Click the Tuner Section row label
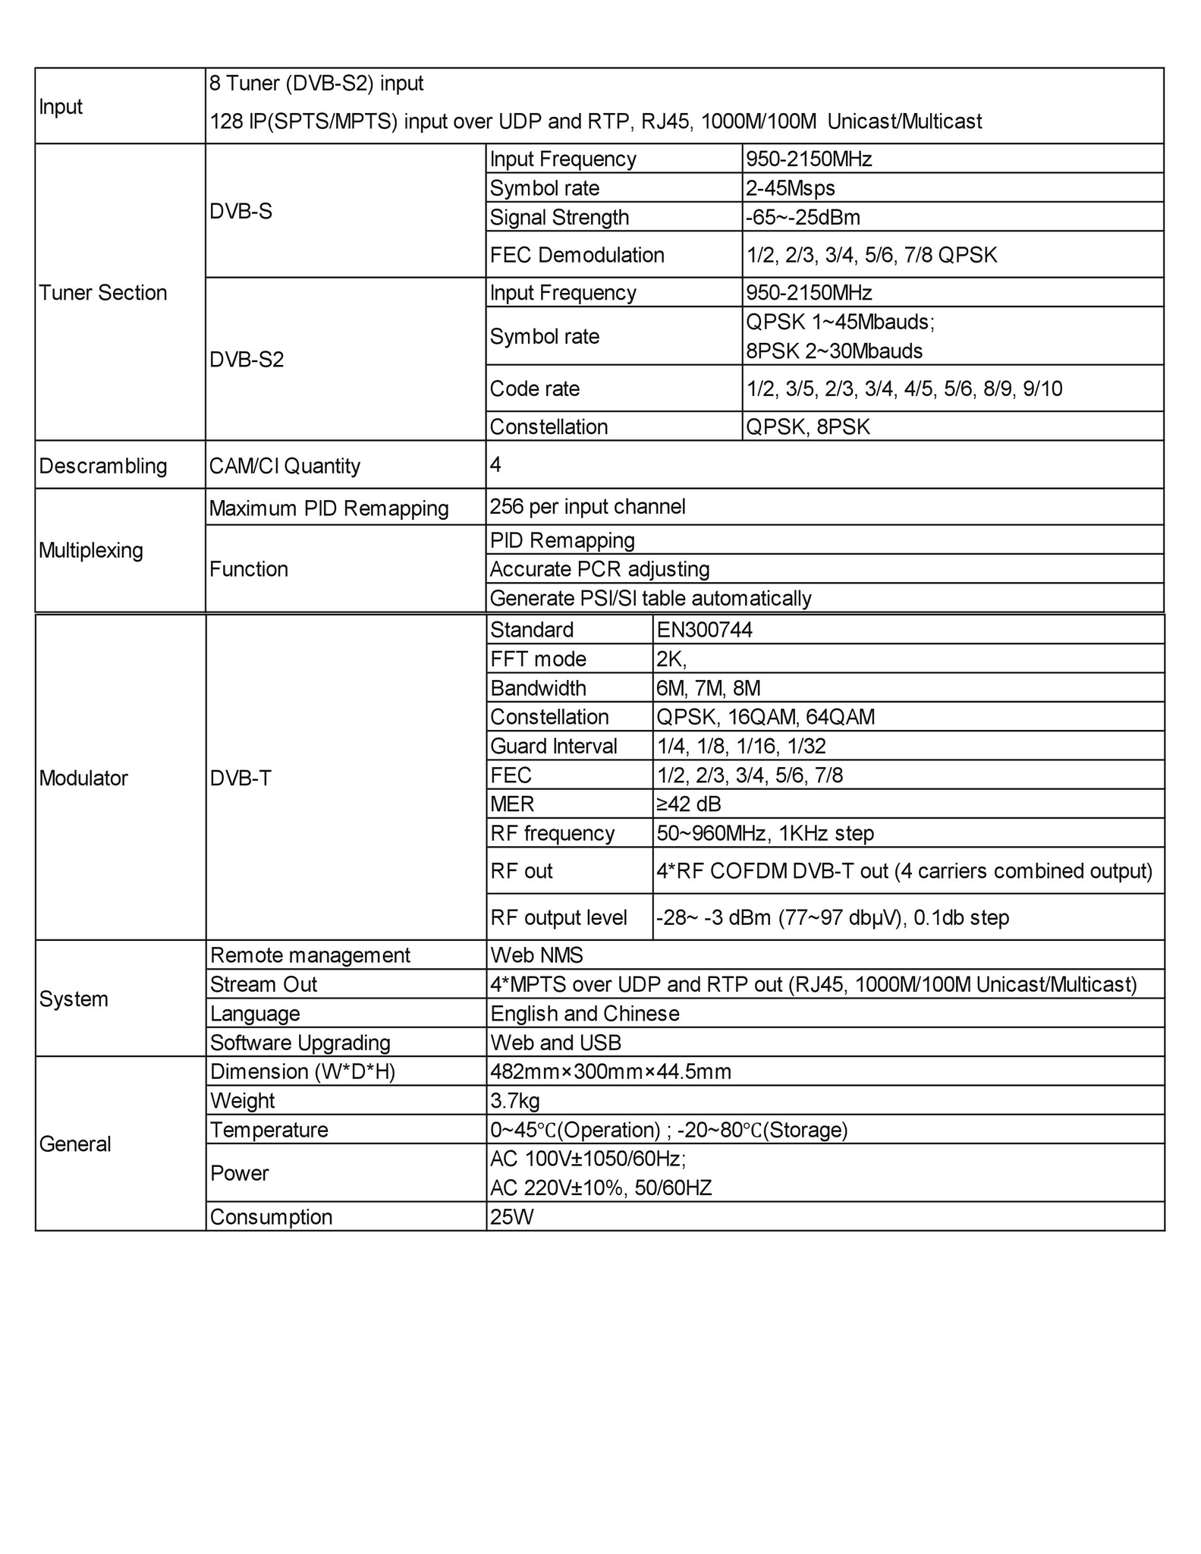(x=103, y=293)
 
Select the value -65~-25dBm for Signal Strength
(x=803, y=218)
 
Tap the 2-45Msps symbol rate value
(x=790, y=188)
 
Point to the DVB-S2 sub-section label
(x=247, y=359)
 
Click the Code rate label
(x=534, y=389)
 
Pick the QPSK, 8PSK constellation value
(x=808, y=427)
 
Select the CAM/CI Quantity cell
(x=285, y=466)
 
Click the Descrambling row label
(x=103, y=466)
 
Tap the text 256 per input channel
(x=587, y=507)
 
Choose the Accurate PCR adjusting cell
(x=599, y=569)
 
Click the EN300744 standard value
(x=704, y=630)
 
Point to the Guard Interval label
(x=554, y=747)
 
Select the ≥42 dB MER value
(x=688, y=804)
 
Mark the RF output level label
(x=558, y=918)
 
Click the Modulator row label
(x=83, y=779)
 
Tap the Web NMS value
(x=536, y=955)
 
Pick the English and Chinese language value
(x=584, y=1014)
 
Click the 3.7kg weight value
(x=515, y=1101)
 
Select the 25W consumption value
(x=512, y=1217)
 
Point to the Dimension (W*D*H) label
(x=303, y=1072)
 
